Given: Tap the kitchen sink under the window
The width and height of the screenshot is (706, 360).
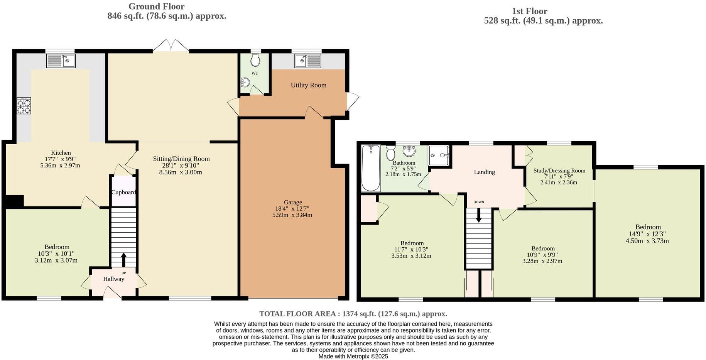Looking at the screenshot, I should coord(61,61).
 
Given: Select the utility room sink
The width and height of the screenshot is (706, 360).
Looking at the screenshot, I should coord(308,61).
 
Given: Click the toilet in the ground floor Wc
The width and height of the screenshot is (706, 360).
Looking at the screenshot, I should coord(255,60).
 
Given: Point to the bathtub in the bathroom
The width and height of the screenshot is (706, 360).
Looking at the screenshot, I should coord(371,168).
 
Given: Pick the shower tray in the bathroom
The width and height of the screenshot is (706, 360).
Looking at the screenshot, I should coord(439,155).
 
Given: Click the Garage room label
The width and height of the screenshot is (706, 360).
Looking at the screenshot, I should coord(293,202).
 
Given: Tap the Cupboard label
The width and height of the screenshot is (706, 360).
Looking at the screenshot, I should coord(123,192).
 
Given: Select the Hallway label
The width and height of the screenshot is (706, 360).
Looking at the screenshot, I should coord(113,279).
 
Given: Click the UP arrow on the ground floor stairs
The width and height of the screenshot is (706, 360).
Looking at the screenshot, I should coord(124,260).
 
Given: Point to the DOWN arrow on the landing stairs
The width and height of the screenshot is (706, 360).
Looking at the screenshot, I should coord(479,215).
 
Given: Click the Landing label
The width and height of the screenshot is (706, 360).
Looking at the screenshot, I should coord(484,172).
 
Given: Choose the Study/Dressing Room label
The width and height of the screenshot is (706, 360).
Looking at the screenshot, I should coord(559,171).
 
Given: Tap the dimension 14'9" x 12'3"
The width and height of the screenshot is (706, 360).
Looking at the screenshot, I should coord(647,234).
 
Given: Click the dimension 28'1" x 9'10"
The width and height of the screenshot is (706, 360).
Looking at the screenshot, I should coord(181,166).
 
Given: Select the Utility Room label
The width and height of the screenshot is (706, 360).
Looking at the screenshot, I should coord(308,85).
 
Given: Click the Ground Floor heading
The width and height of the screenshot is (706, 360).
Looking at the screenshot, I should coord(156,7).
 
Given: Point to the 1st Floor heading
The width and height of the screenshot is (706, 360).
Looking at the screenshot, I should coord(529,11).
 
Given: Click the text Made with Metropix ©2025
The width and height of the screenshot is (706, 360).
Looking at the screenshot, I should coord(353,357).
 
